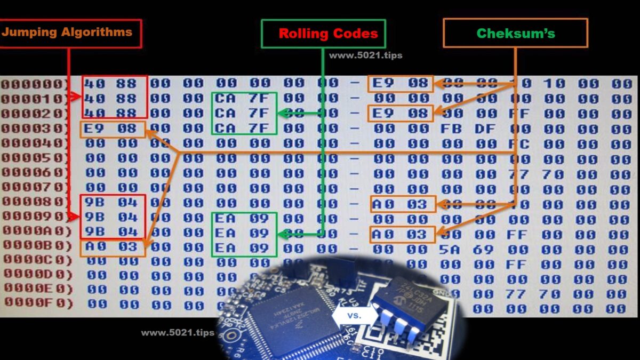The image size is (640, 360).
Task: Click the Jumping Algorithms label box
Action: click(x=68, y=33)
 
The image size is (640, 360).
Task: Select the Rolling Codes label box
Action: click(x=323, y=34)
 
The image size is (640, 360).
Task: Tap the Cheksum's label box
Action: click(x=515, y=33)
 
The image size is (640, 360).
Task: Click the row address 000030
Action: click(x=35, y=129)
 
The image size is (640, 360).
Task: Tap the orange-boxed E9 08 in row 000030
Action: click(x=113, y=129)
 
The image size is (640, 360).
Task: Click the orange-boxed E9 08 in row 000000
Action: click(x=401, y=83)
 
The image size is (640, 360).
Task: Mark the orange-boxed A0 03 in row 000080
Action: click(x=403, y=204)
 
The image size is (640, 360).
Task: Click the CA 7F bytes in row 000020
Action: click(x=244, y=113)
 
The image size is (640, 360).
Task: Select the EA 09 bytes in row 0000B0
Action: click(x=244, y=249)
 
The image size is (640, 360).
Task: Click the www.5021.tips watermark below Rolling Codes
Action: click(x=365, y=55)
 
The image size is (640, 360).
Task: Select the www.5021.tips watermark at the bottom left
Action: click(x=178, y=333)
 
